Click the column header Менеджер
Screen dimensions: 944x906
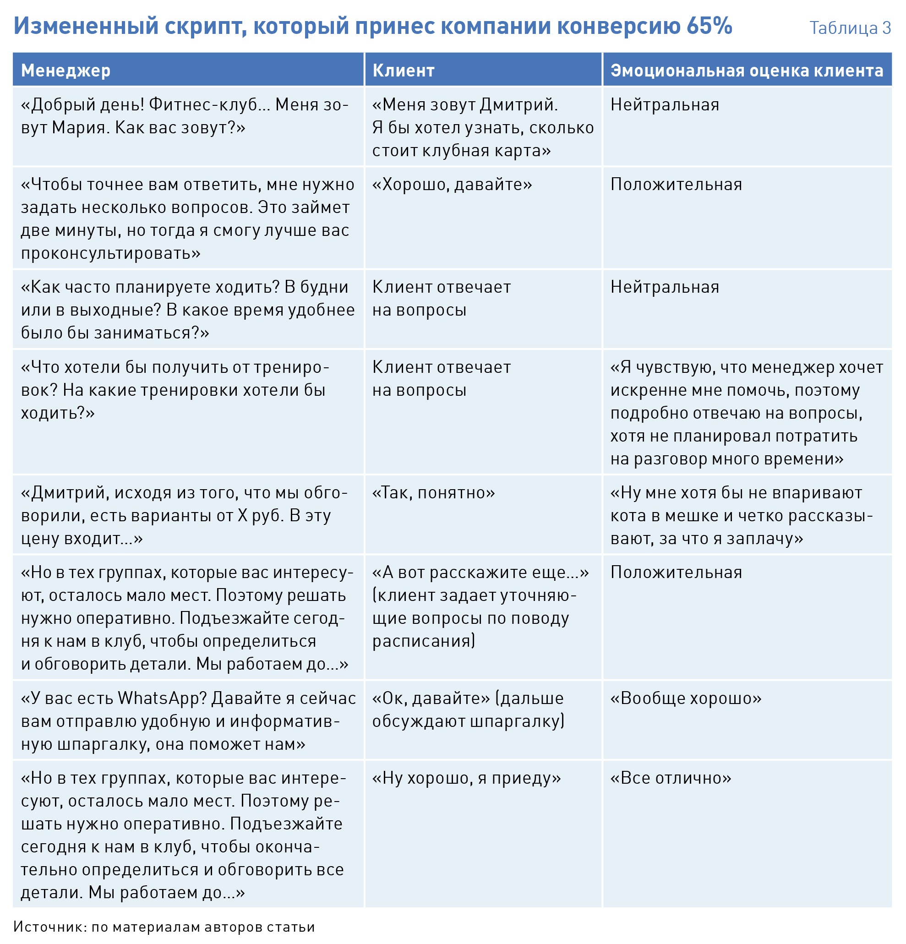(65, 71)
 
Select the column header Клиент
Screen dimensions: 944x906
(403, 71)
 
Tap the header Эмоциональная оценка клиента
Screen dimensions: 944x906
(747, 71)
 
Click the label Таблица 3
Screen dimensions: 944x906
(850, 28)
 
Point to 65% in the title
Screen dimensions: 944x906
(709, 26)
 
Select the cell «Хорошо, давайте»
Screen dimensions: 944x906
(452, 185)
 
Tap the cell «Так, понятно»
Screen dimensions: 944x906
(433, 493)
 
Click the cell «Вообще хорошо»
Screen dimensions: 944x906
(685, 698)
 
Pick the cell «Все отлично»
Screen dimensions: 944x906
(671, 778)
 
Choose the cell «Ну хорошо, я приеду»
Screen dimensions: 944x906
(466, 778)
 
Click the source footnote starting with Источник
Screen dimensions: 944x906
(164, 927)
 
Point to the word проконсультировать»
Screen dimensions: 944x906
(110, 253)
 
